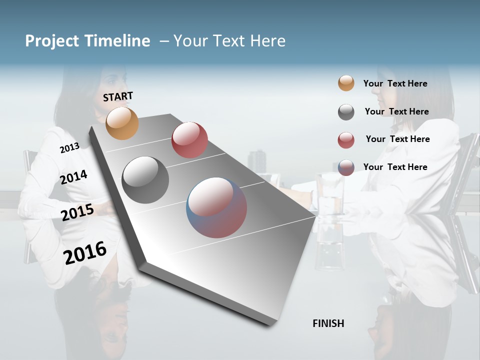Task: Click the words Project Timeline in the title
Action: pyautogui.click(x=87, y=41)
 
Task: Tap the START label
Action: pyautogui.click(x=118, y=96)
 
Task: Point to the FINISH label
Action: pyautogui.click(x=328, y=323)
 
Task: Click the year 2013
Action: pyautogui.click(x=69, y=148)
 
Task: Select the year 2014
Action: pyautogui.click(x=74, y=177)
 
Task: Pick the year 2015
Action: pyautogui.click(x=77, y=212)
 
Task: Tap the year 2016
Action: pyautogui.click(x=85, y=252)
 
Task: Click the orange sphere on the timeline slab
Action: pyautogui.click(x=122, y=123)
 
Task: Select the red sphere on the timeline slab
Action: pyautogui.click(x=189, y=140)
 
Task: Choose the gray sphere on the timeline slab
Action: pyautogui.click(x=145, y=180)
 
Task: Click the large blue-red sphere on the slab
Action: pyautogui.click(x=216, y=207)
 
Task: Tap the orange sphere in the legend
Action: pyautogui.click(x=346, y=83)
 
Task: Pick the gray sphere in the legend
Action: pyautogui.click(x=346, y=112)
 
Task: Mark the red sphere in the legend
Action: pyautogui.click(x=346, y=140)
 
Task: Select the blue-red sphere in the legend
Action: pyautogui.click(x=346, y=167)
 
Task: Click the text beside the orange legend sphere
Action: pyautogui.click(x=395, y=83)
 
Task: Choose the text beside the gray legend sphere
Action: pyautogui.click(x=396, y=111)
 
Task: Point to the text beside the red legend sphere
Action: pyautogui.click(x=397, y=139)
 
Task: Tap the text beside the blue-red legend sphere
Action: pyautogui.click(x=395, y=167)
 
